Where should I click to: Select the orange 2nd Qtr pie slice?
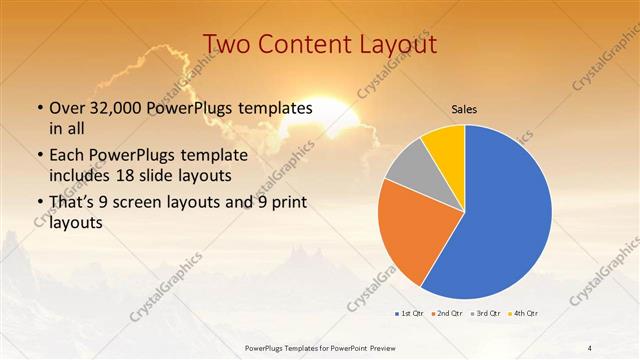(x=405, y=235)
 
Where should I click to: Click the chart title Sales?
(x=464, y=108)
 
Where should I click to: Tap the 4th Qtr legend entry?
(x=523, y=314)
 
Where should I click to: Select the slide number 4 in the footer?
(x=590, y=347)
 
